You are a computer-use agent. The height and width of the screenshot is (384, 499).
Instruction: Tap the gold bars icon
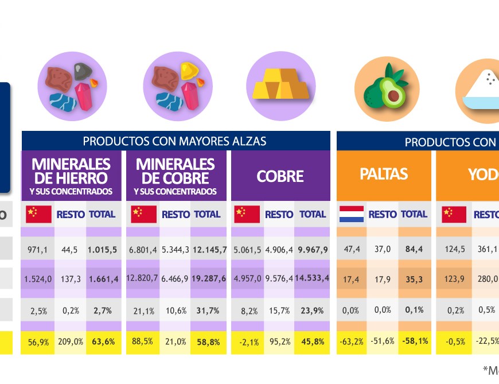click(280, 86)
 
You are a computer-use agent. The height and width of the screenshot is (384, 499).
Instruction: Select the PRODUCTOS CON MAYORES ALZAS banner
click(176, 141)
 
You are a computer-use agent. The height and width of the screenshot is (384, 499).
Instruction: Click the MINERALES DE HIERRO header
click(71, 176)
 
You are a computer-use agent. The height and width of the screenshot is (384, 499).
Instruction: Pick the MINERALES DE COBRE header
click(176, 176)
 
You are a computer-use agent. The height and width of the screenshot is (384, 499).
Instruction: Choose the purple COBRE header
click(280, 176)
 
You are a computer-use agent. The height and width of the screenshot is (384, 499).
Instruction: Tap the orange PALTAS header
click(384, 174)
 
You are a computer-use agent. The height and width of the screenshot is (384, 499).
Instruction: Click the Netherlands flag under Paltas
click(352, 214)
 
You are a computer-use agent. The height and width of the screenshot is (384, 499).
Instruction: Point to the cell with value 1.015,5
click(103, 250)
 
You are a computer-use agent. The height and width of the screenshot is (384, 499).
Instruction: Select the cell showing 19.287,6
click(208, 278)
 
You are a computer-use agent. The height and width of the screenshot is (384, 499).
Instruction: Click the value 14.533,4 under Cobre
click(313, 278)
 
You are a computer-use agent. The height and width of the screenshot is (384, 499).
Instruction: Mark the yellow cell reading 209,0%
click(71, 342)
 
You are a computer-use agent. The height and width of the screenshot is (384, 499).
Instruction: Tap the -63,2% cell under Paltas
click(351, 342)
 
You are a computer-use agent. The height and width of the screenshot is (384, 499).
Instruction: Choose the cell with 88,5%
click(142, 342)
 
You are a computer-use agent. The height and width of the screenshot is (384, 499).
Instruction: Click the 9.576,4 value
click(279, 278)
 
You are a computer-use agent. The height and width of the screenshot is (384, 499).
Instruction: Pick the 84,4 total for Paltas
click(414, 250)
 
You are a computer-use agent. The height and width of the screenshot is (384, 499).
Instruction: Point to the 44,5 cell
click(71, 250)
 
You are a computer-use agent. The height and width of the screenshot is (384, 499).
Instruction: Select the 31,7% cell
click(208, 311)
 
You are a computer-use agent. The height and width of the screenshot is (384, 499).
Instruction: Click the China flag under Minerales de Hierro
click(38, 214)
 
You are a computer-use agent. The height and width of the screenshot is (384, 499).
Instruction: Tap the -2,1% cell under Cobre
click(247, 342)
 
